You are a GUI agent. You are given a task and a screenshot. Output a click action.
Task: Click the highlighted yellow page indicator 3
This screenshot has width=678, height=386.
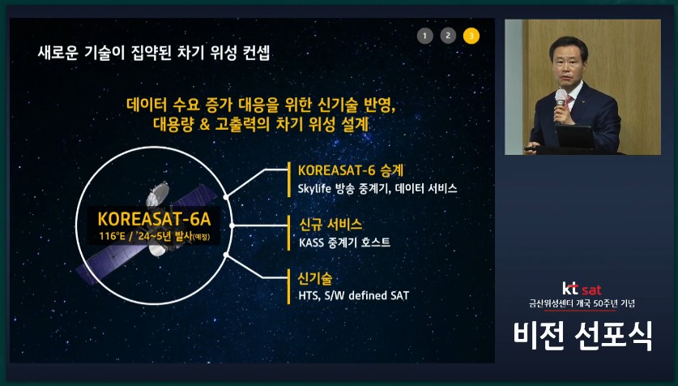click(x=471, y=35)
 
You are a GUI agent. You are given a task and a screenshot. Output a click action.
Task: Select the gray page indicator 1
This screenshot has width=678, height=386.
click(x=425, y=35)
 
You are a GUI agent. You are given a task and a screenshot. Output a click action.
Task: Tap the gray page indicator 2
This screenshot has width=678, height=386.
click(x=448, y=35)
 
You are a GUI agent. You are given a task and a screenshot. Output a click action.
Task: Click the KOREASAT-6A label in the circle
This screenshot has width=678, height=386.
click(x=153, y=220)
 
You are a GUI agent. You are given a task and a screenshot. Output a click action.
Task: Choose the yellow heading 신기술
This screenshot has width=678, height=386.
click(x=315, y=277)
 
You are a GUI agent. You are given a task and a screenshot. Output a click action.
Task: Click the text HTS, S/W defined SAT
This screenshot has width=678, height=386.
click(x=348, y=295)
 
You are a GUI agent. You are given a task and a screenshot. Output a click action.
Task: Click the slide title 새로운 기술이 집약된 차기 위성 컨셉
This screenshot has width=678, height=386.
click(x=154, y=54)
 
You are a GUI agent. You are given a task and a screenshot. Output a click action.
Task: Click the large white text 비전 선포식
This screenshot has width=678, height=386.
click(x=582, y=335)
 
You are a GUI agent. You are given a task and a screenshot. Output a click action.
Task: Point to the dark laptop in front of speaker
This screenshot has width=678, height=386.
click(x=577, y=137)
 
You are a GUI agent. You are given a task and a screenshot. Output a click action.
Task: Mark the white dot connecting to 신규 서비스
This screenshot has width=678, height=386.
click(x=232, y=225)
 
